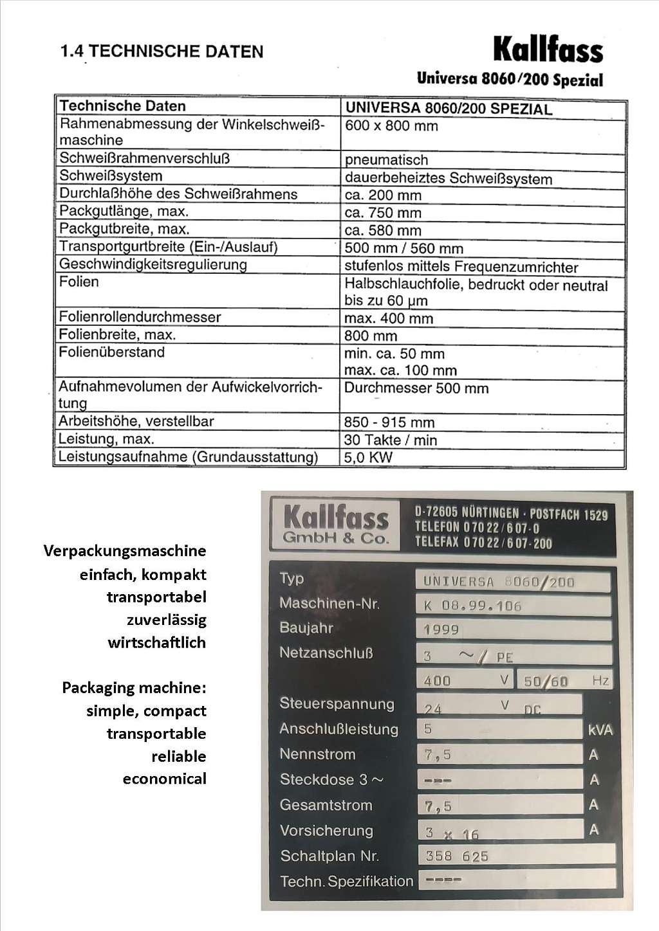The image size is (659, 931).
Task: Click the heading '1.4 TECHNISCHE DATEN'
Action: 162,51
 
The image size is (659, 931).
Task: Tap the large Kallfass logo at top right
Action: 548,50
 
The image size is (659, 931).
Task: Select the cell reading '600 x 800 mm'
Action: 391,126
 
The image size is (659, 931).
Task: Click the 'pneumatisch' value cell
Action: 386,160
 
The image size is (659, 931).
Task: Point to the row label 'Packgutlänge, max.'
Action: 124,212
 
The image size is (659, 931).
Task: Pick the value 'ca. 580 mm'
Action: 383,230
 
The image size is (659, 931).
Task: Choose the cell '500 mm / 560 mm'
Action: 404,248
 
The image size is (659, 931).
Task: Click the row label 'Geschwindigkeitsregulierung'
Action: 153,264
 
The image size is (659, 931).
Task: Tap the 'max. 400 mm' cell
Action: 389,318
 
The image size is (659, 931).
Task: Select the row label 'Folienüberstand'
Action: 112,352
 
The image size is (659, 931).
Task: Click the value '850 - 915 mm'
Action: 389,422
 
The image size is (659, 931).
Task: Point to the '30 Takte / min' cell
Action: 390,440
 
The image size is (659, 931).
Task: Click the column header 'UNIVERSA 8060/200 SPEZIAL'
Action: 449,108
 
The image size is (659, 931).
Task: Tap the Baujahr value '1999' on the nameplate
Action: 441,629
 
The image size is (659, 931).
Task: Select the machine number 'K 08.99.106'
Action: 472,606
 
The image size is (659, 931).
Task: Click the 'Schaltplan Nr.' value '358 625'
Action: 457,856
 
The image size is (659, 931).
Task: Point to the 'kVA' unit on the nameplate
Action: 600,730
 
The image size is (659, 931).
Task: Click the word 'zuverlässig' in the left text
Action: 167,620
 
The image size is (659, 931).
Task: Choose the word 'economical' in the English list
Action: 165,779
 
